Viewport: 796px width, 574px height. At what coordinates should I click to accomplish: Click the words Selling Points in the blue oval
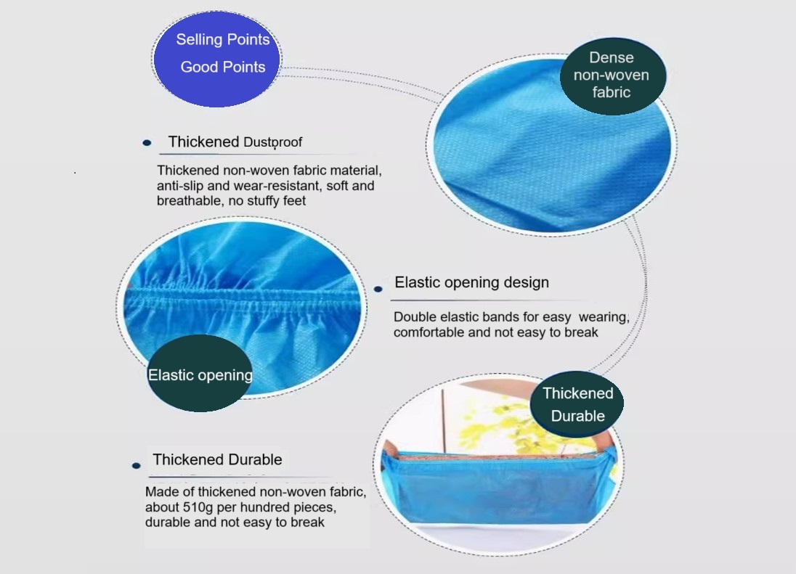222,40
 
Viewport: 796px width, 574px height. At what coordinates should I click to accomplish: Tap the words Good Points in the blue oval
223,67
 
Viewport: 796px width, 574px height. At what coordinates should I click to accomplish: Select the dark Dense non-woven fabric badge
612,75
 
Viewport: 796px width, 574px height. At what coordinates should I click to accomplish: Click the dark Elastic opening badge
200,374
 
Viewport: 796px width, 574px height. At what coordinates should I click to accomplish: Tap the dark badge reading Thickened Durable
577,404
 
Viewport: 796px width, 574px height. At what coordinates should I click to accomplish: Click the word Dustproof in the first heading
272,142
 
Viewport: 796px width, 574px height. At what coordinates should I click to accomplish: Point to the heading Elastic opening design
471,282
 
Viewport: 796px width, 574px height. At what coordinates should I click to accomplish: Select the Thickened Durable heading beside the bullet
217,459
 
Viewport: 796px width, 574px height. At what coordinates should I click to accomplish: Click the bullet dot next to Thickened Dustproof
147,142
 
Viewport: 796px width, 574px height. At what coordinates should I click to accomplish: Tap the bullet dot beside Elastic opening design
378,289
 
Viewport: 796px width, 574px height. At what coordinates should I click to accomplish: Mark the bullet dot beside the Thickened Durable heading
136,465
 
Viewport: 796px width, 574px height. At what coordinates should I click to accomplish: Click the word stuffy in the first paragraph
262,201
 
